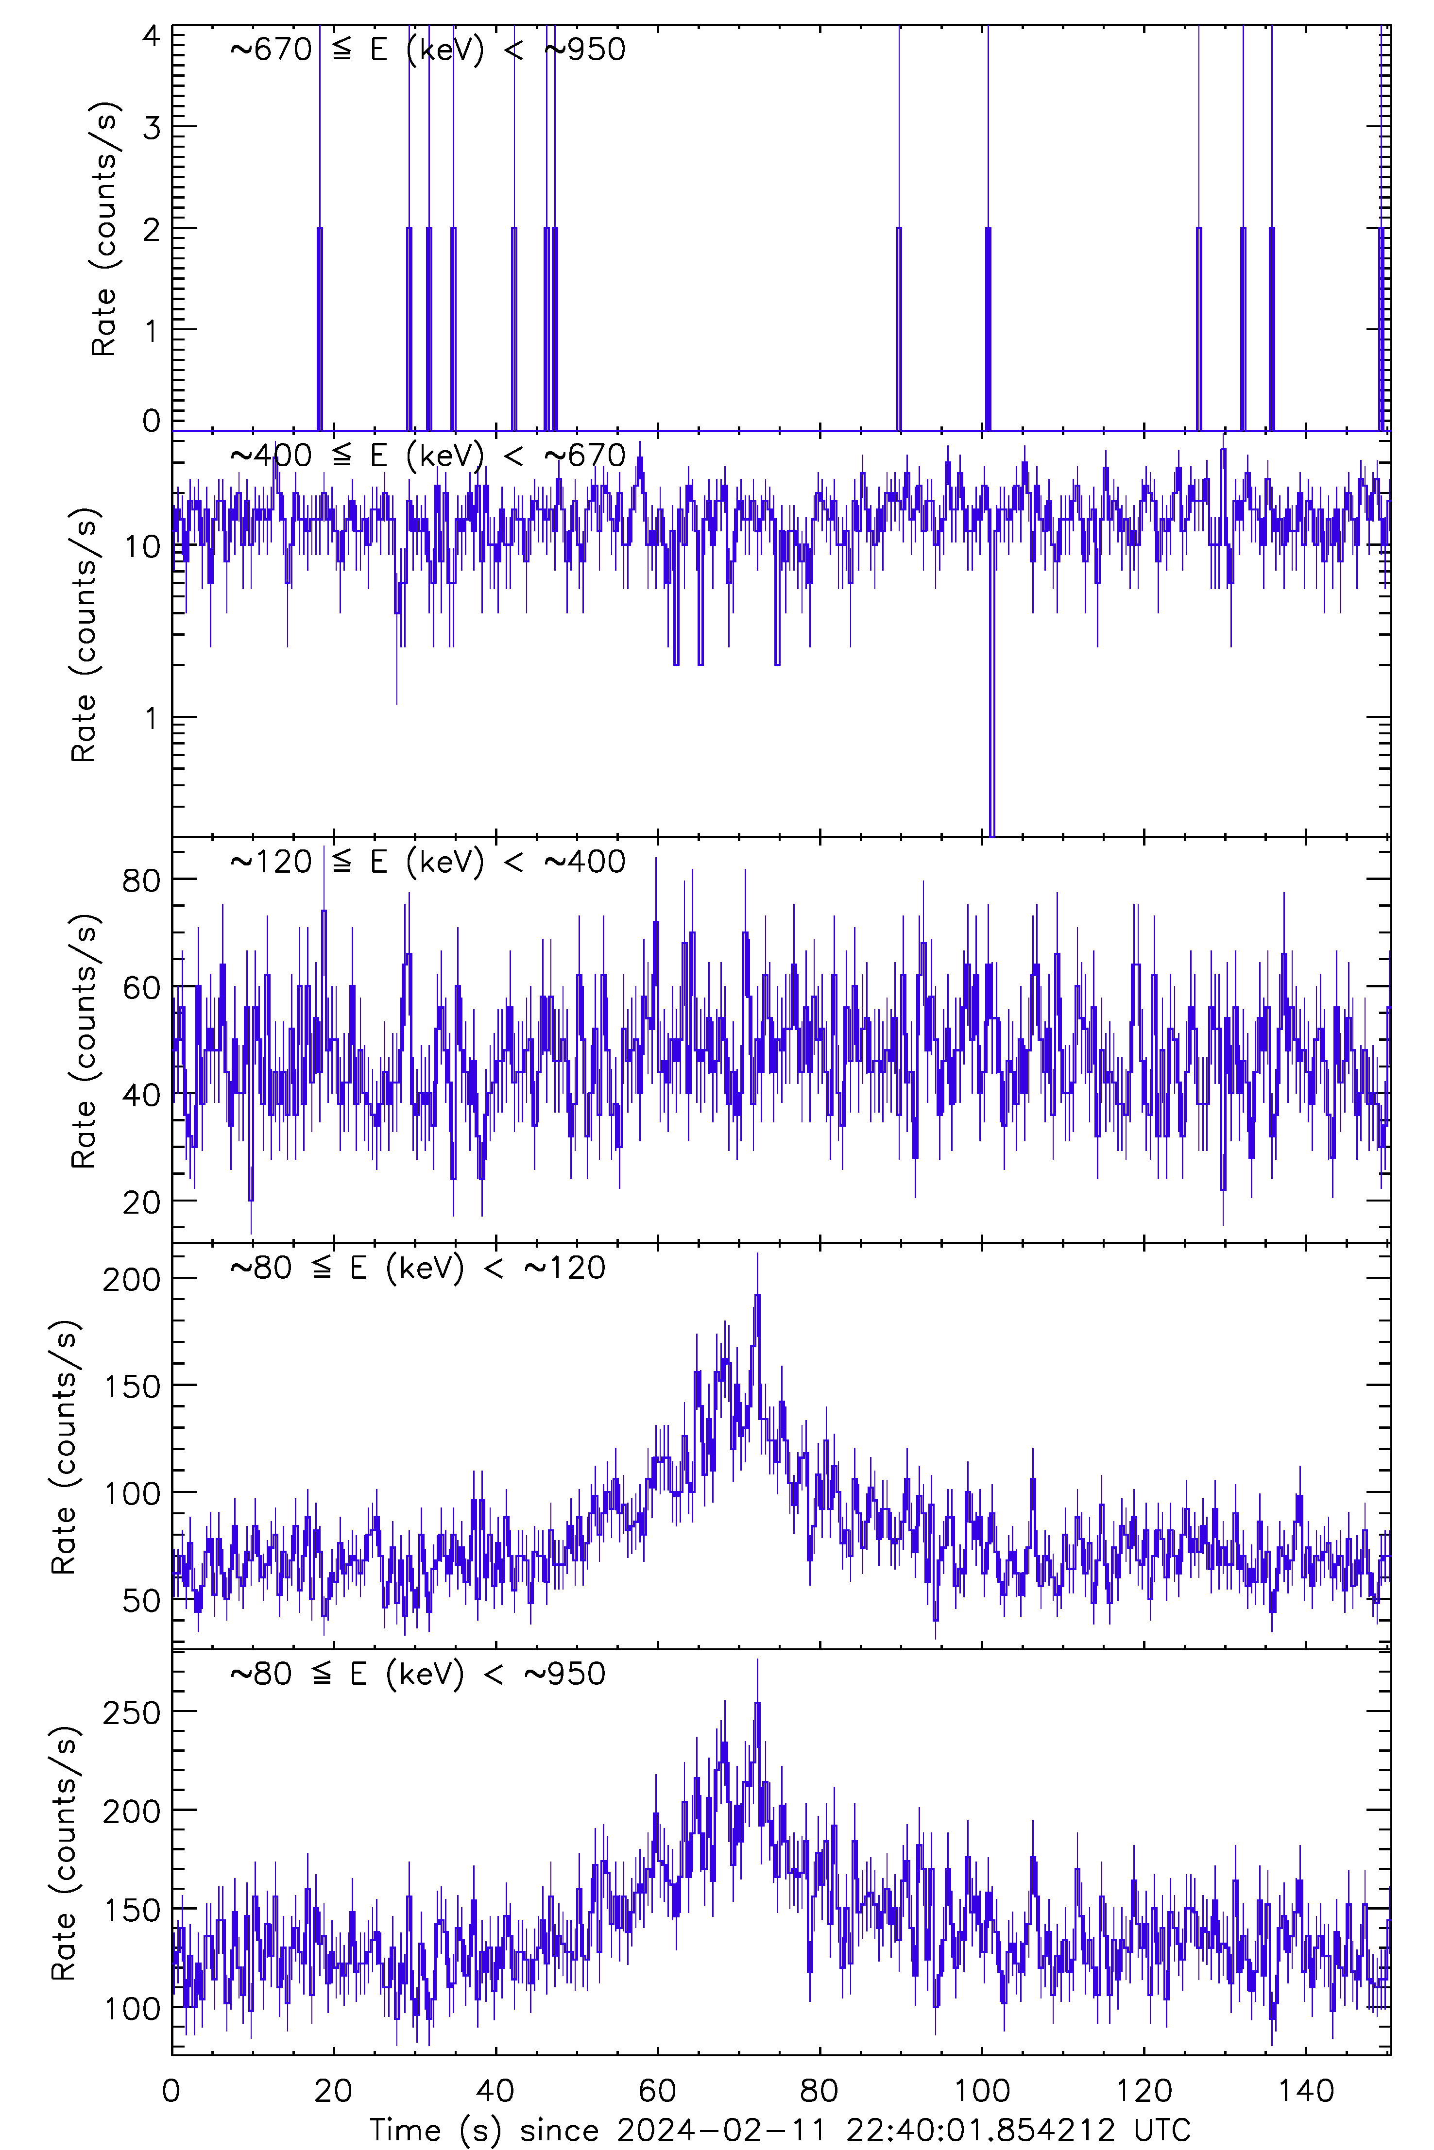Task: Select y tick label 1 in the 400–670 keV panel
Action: coord(151,718)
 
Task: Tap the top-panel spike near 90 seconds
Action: coord(899,229)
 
